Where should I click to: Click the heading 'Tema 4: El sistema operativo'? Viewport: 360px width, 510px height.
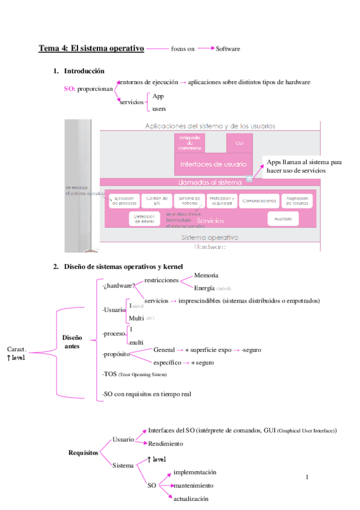(91, 49)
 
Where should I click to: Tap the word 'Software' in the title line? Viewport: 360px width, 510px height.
(229, 49)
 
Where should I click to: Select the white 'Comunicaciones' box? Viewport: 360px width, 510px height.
(260, 201)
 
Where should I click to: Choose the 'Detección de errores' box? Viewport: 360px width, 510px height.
(144, 220)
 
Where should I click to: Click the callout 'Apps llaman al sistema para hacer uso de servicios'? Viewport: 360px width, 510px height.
(304, 167)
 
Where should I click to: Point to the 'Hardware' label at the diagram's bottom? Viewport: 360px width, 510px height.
(210, 247)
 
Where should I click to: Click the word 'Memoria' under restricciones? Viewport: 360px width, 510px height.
(206, 275)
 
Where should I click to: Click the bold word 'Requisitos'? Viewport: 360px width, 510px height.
(83, 452)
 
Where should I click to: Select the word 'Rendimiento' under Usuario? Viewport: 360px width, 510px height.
(165, 444)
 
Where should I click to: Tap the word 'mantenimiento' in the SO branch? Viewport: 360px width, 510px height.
(193, 485)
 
